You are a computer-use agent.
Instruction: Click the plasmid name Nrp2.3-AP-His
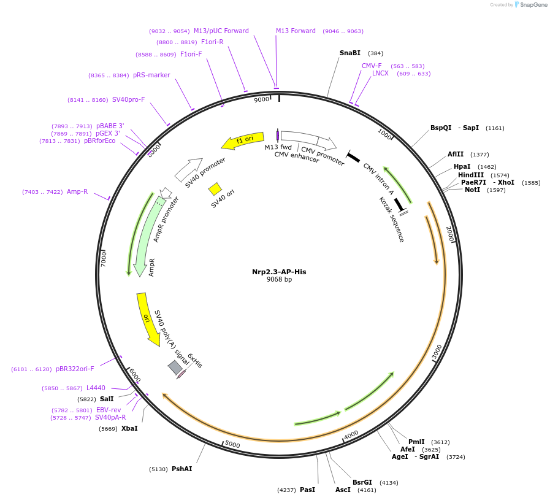coord(279,272)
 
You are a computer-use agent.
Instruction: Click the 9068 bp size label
coord(279,280)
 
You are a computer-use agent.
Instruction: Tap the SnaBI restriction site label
coord(350,53)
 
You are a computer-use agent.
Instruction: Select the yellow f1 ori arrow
coord(243,140)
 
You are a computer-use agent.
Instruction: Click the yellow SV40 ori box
coord(215,188)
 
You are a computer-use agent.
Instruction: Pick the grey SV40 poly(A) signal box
coord(175,367)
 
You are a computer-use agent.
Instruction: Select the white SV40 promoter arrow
coord(188,169)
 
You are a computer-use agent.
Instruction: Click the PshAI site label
coord(181,469)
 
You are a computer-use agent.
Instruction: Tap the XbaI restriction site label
coord(129,428)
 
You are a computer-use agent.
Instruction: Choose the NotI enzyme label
coord(472,190)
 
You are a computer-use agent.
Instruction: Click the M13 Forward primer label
coord(296,31)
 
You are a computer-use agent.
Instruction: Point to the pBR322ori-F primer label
coord(75,369)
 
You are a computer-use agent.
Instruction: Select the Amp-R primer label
coord(77,192)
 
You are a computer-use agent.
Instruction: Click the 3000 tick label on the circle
coord(437,352)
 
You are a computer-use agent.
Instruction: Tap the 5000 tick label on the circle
coord(232,444)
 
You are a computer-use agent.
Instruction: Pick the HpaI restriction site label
coord(462,167)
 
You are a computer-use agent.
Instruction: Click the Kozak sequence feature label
coord(392,219)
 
